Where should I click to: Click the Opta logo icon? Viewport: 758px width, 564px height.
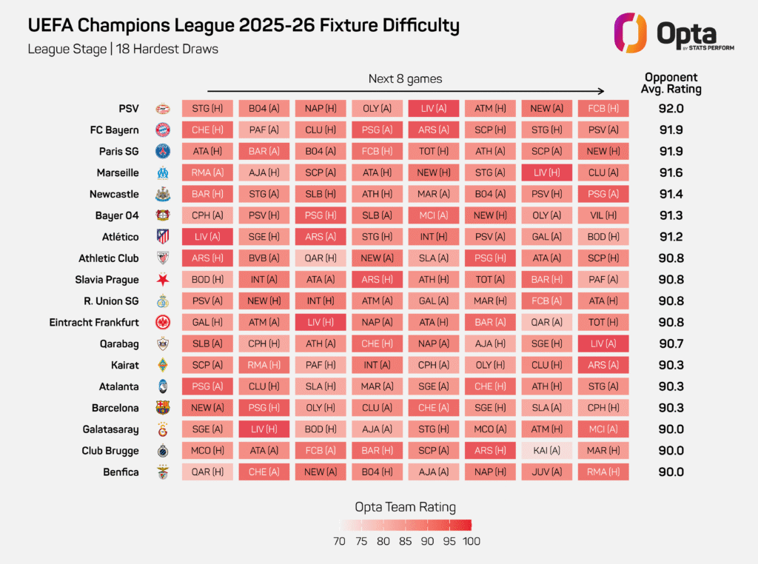[630, 33]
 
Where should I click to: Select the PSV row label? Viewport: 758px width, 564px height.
[129, 108]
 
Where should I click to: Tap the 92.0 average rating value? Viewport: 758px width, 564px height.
[671, 108]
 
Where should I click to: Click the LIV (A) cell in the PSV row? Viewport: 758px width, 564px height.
[434, 108]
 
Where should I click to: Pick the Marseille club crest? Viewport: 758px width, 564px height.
[163, 173]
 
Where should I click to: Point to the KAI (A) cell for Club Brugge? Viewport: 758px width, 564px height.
[547, 451]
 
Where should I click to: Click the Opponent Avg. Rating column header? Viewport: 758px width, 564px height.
[671, 83]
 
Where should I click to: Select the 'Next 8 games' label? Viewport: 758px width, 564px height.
[406, 78]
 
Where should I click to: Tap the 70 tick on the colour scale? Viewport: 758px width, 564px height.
[339, 541]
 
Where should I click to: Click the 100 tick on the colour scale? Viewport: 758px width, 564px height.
[471, 541]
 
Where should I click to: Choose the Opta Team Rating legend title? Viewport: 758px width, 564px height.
[405, 507]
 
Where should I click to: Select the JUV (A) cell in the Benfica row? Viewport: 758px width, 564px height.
[547, 472]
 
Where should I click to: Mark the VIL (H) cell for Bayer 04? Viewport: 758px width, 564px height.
[603, 215]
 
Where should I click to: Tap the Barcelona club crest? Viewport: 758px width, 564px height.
[163, 408]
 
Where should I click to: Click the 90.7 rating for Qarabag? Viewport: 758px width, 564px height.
[671, 343]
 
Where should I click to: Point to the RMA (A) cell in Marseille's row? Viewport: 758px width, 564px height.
[207, 172]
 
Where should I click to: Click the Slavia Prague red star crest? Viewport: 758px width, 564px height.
[163, 280]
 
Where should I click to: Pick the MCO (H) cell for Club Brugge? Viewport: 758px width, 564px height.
[207, 451]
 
